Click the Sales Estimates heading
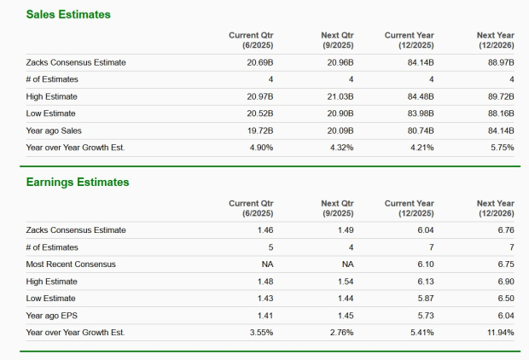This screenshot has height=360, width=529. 68,15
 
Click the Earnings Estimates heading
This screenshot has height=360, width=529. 78,182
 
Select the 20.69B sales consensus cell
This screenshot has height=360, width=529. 259,62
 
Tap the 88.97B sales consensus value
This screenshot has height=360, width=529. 499,62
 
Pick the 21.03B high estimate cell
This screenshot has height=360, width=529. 340,96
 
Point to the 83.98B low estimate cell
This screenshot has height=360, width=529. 419,113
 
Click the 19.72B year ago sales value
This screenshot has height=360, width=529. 259,131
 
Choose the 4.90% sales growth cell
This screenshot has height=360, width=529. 259,148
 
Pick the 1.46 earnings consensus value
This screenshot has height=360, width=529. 264,229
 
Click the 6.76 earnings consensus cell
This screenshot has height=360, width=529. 505,229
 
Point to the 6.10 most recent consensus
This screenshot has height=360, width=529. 425,264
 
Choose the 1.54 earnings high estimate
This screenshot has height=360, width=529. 345,281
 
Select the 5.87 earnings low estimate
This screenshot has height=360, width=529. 425,298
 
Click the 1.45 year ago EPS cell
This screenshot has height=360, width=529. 345,315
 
